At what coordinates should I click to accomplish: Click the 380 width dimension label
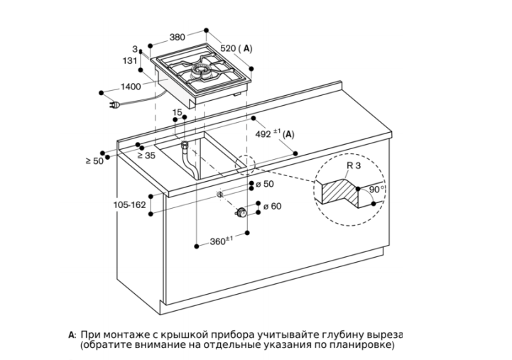click(178, 37)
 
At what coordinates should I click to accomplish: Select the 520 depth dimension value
click(228, 48)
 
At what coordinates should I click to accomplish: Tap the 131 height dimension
click(130, 60)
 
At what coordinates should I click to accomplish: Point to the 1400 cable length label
click(131, 87)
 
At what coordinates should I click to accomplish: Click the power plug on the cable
click(114, 105)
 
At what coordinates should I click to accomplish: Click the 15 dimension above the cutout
click(177, 113)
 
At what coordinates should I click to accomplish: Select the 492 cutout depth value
click(263, 133)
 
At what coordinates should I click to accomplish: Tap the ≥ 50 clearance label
click(94, 160)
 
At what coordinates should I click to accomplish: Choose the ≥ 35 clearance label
click(146, 156)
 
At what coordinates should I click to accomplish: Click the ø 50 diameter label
click(265, 184)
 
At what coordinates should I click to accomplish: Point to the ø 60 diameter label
click(272, 207)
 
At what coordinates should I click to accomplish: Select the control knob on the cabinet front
click(241, 212)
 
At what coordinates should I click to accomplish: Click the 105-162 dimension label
click(129, 205)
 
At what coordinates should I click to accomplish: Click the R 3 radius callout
click(354, 165)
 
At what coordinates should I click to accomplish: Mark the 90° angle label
click(377, 190)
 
